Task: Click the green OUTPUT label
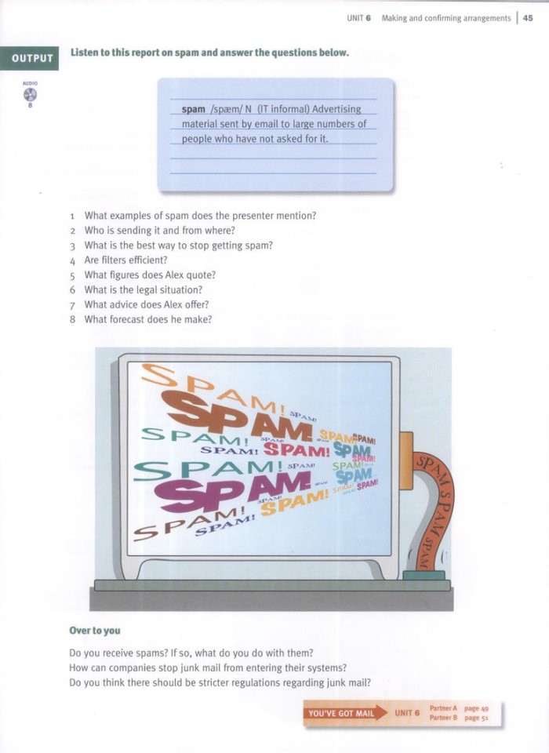[x=33, y=58]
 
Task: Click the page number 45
[x=528, y=18]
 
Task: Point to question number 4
[x=71, y=260]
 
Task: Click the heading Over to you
[x=94, y=630]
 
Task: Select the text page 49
[x=476, y=708]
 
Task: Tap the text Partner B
[x=444, y=718]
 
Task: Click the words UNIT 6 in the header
[x=358, y=18]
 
